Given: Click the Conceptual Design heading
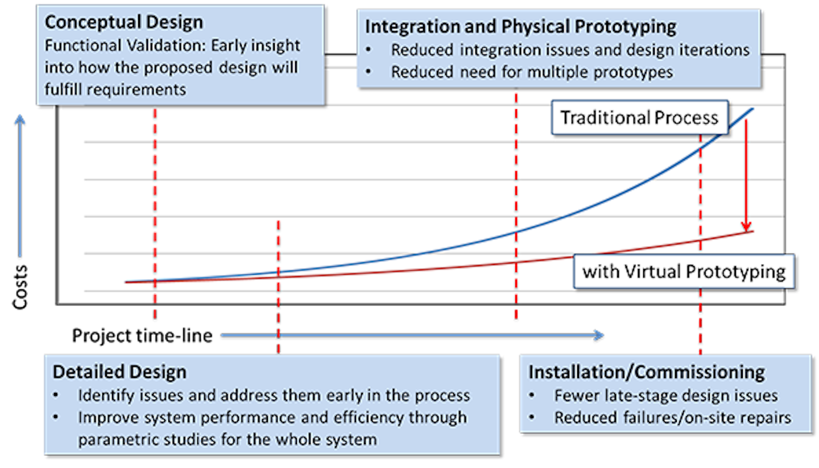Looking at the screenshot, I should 123,23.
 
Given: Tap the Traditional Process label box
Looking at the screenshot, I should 639,118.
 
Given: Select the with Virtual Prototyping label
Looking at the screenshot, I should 683,271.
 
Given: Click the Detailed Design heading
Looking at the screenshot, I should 119,372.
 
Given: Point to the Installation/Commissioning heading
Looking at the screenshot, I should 647,372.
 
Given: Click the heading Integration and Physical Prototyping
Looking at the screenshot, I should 520,26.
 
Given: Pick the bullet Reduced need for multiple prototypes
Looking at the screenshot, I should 531,72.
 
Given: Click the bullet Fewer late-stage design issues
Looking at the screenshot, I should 665,395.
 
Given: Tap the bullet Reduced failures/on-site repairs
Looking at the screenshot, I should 672,417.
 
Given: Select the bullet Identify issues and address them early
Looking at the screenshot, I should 274,395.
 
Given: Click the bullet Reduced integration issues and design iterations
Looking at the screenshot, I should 570,50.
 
